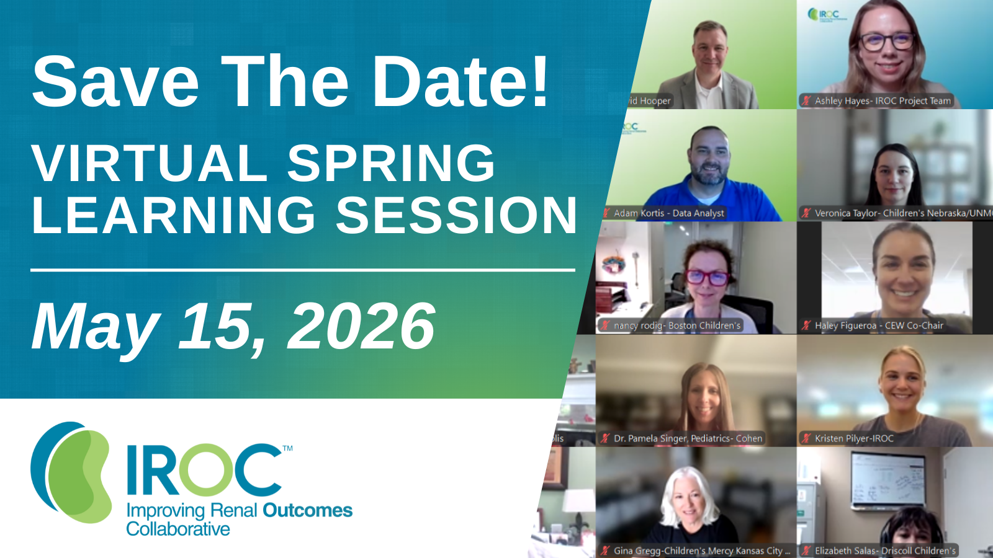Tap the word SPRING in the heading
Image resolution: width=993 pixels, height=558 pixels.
pyautogui.click(x=391, y=163)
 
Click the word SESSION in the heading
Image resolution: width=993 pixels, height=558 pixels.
pyautogui.click(x=457, y=216)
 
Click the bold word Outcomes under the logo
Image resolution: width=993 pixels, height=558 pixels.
pyautogui.click(x=307, y=511)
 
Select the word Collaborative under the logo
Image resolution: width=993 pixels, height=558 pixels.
pyautogui.click(x=178, y=529)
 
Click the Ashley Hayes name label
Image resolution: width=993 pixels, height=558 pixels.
pyautogui.click(x=882, y=100)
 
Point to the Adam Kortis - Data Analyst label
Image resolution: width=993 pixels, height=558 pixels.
pyautogui.click(x=668, y=213)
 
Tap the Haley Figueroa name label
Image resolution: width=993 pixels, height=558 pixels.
pyautogui.click(x=878, y=325)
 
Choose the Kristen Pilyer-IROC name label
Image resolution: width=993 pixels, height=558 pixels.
pyautogui.click(x=854, y=438)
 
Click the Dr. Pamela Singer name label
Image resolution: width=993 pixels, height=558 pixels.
pyautogui.click(x=688, y=438)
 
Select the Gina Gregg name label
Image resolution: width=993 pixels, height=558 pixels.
pyautogui.click(x=701, y=551)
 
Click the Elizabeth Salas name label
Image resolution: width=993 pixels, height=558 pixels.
pyautogui.click(x=884, y=551)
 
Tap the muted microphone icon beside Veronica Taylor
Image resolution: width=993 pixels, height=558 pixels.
pyautogui.click(x=806, y=213)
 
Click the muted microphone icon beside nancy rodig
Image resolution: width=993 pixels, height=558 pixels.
pyautogui.click(x=605, y=325)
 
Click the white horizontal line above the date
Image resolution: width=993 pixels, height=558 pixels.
pyautogui.click(x=303, y=270)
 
